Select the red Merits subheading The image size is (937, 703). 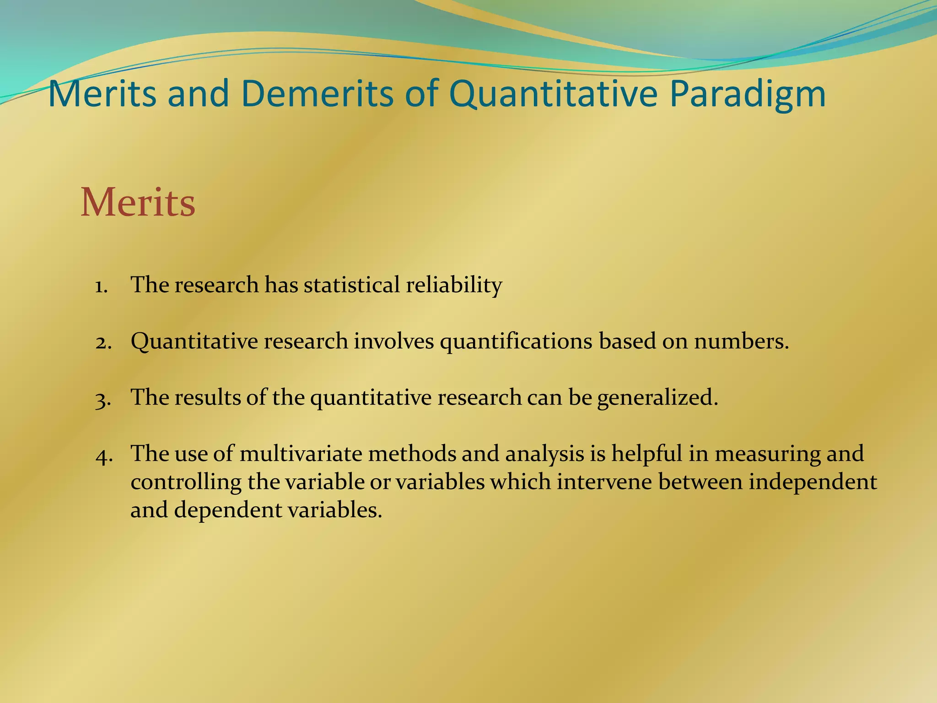[x=138, y=203]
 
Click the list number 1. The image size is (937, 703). [x=101, y=286]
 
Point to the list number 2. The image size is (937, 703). [x=103, y=342]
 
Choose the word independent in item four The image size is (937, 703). [x=813, y=482]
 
